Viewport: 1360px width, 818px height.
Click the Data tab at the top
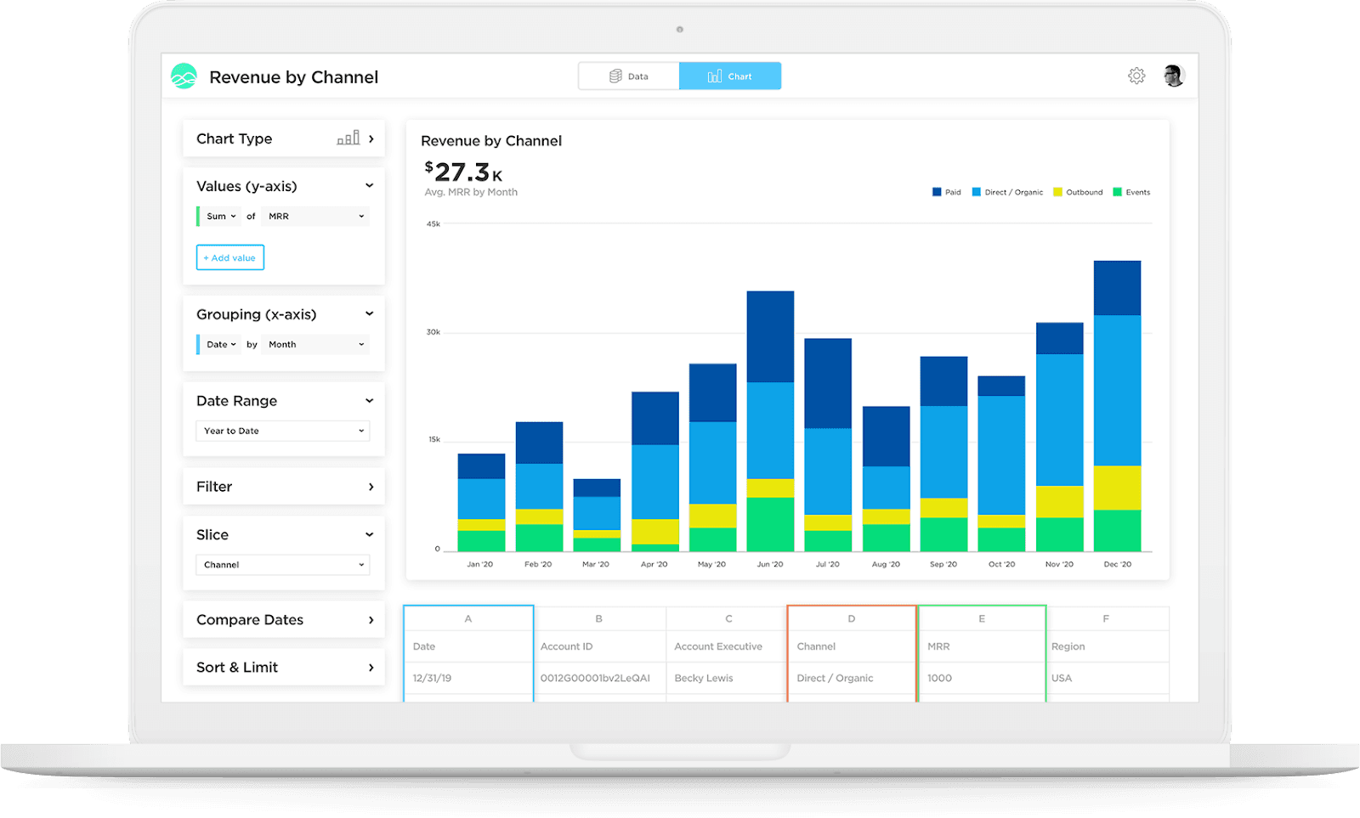(x=629, y=76)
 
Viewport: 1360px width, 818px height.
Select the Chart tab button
(x=730, y=76)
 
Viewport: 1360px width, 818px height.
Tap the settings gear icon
(x=1136, y=76)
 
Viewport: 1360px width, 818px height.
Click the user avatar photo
(x=1174, y=76)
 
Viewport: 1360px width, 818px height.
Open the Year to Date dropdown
(x=283, y=431)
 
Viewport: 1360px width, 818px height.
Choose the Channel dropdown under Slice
(x=283, y=565)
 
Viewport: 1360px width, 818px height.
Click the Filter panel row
(x=284, y=487)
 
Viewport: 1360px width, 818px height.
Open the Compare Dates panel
(x=284, y=620)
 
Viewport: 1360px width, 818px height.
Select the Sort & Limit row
(x=284, y=668)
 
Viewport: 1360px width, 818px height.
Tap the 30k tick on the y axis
(x=433, y=332)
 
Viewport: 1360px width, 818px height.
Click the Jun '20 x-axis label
(x=770, y=564)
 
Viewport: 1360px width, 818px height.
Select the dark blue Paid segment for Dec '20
(x=1117, y=289)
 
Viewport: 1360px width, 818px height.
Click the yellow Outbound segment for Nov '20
(x=1059, y=502)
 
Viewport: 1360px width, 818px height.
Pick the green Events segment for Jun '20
(x=770, y=524)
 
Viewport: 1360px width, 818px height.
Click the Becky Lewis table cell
(x=704, y=678)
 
